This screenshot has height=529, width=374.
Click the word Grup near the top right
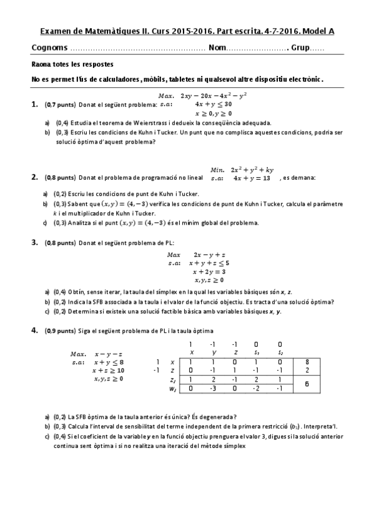pyautogui.click(x=298, y=48)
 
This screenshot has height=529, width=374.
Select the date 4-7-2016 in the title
pyautogui.click(x=271, y=30)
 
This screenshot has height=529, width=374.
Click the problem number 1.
pyautogui.click(x=34, y=105)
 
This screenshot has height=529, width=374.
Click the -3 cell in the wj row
pyautogui.click(x=212, y=389)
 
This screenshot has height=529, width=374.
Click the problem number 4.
pyautogui.click(x=34, y=331)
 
